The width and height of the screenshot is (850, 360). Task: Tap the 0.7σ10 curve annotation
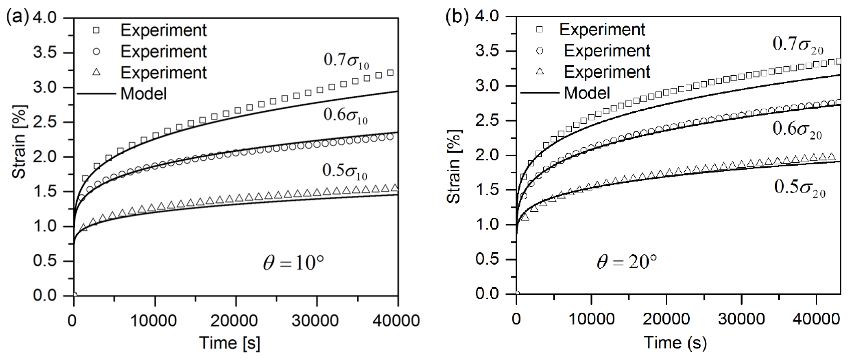click(346, 60)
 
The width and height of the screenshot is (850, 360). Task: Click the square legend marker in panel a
click(96, 31)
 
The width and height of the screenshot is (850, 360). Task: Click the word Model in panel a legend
click(144, 94)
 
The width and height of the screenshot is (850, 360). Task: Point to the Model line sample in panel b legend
click(540, 93)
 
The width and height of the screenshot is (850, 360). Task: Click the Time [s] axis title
click(230, 343)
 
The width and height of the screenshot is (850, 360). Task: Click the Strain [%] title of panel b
click(454, 167)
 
